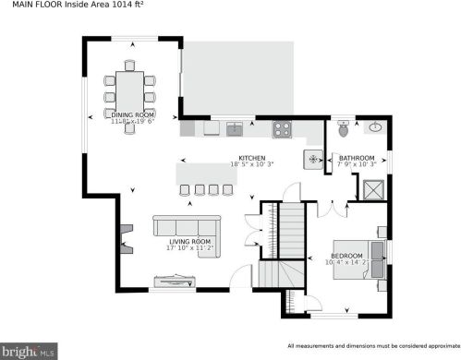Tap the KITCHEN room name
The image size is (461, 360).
252,158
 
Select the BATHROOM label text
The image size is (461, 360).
356,158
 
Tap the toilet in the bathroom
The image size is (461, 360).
344,130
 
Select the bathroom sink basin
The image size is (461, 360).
376,128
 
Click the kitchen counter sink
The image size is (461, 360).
235,127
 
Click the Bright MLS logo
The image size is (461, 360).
30,350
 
